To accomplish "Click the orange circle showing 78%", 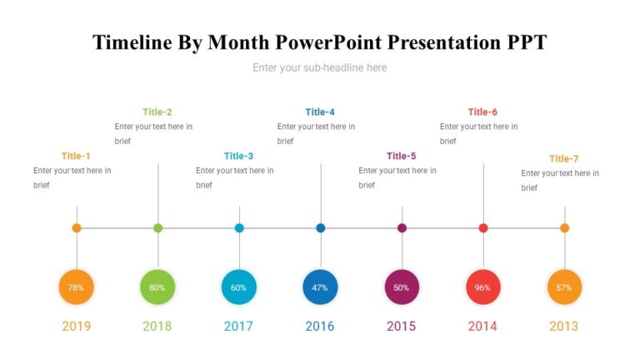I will [x=77, y=287].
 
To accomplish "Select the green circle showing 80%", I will [x=157, y=287].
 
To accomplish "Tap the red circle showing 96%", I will [x=483, y=287].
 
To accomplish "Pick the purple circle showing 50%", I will [x=402, y=287].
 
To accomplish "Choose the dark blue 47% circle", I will [x=321, y=287].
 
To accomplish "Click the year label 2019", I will [x=77, y=326].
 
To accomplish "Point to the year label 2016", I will [x=320, y=326].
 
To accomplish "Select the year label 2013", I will [x=564, y=326].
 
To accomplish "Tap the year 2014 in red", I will [x=482, y=326].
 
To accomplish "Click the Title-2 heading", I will [x=157, y=112].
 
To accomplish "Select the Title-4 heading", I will [x=320, y=112].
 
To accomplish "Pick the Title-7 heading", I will [x=564, y=158].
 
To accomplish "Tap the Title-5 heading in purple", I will [x=402, y=156].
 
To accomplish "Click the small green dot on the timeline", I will [x=158, y=227].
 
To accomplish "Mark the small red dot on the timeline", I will [x=483, y=227].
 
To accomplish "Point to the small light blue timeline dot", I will [x=239, y=227].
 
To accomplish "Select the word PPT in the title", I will [x=522, y=42].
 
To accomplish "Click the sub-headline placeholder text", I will [x=320, y=67].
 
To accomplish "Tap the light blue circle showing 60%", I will [x=239, y=287].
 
